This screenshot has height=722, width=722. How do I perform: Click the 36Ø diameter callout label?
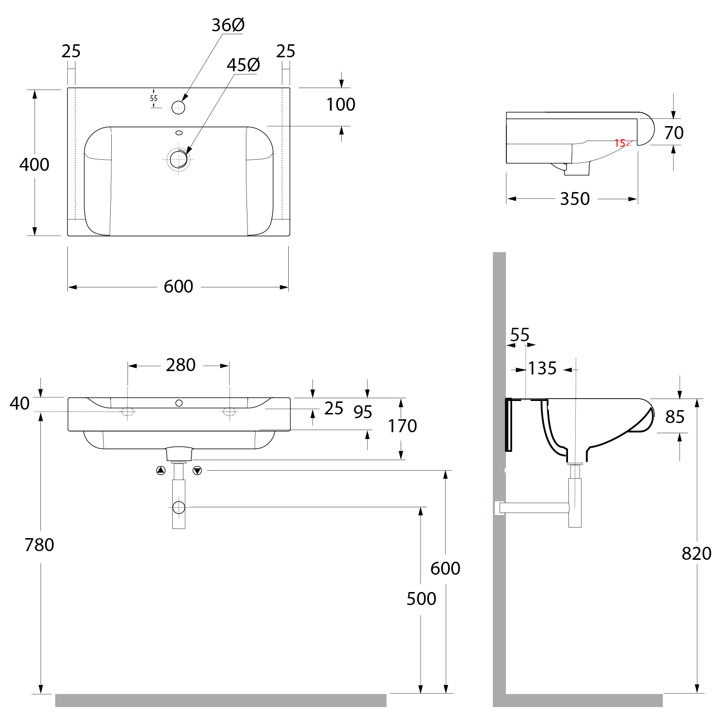pos(228,25)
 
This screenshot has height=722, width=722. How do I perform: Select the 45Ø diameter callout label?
pos(243,65)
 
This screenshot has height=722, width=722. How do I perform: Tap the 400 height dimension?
pos(34,165)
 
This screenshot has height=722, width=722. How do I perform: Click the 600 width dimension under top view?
pos(178,286)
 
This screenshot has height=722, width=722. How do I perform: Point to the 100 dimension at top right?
pos(341,104)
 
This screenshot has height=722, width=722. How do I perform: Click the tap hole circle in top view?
pos(178,107)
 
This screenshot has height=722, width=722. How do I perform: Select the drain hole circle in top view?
pos(179,158)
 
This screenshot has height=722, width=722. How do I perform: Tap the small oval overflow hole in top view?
pos(179,132)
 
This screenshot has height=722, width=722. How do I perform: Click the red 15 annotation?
pos(620,143)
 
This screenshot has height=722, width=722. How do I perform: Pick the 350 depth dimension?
pos(575,199)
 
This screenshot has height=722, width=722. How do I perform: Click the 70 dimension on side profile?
pos(673,133)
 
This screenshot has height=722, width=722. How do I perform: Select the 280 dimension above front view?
pos(180,365)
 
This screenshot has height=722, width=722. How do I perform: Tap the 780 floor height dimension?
pos(39,545)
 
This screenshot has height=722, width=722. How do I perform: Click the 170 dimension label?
pos(402,426)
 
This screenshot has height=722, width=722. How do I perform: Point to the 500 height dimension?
pos(421,599)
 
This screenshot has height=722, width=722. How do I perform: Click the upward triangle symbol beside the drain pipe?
pos(161,470)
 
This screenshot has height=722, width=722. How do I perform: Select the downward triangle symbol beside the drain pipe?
pos(197,470)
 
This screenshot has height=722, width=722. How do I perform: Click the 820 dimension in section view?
pos(696,554)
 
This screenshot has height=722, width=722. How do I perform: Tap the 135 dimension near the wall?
pos(542,369)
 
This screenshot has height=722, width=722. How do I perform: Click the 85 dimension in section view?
pos(675,417)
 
